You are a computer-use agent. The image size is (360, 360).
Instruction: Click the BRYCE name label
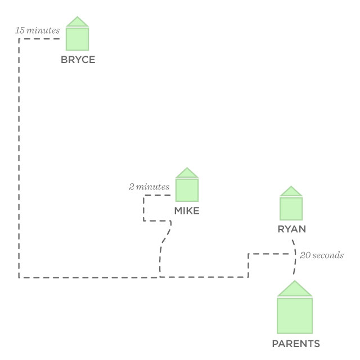click(x=78, y=60)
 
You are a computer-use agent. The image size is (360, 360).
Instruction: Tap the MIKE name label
click(x=187, y=211)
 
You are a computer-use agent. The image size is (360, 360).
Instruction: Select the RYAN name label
click(x=291, y=229)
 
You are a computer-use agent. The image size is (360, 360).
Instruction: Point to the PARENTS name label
click(x=296, y=344)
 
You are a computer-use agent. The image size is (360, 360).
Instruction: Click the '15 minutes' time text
click(x=37, y=30)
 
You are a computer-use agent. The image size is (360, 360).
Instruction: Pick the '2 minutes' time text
click(x=148, y=187)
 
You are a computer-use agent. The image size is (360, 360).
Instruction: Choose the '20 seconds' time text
click(x=322, y=255)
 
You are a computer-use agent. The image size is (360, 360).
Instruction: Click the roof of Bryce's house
click(x=78, y=22)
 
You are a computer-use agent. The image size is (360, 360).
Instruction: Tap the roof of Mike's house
click(x=187, y=173)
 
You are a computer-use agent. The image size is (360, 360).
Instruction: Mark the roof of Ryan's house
click(x=291, y=192)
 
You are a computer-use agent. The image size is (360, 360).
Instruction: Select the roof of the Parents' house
click(x=295, y=289)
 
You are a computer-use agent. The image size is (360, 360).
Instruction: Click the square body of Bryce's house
click(x=78, y=39)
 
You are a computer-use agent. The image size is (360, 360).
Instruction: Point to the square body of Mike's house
click(x=187, y=190)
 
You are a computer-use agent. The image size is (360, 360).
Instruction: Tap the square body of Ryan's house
click(x=291, y=208)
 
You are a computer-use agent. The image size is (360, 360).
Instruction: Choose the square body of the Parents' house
click(x=295, y=316)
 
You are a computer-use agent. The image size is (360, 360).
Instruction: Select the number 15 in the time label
click(x=20, y=30)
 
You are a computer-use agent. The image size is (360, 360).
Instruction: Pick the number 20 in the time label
click(x=305, y=255)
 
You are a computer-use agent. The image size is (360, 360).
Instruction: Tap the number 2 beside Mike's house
click(x=132, y=187)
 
